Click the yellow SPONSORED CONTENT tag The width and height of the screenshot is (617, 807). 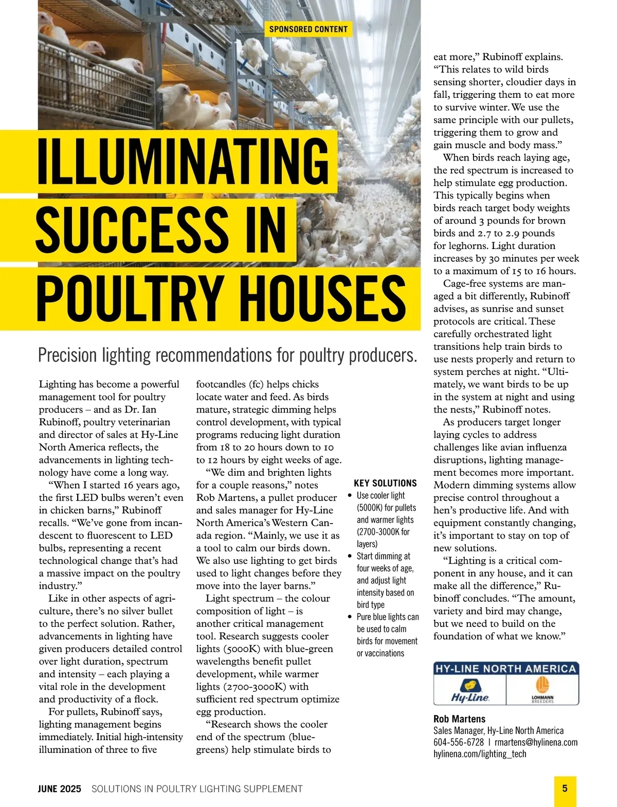(308, 29)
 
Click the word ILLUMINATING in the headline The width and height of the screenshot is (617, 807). (183, 160)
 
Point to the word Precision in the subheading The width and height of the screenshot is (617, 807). (67, 355)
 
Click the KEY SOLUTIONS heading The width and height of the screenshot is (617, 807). (385, 483)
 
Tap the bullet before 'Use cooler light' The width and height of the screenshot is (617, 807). (350, 496)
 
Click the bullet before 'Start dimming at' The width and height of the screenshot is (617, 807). (350, 557)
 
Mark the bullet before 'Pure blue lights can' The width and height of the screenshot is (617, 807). (350, 617)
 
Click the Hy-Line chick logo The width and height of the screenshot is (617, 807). (469, 690)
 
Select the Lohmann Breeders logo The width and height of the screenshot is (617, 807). (542, 690)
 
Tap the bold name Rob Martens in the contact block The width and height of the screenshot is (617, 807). (459, 719)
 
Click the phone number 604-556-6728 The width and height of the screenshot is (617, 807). (458, 742)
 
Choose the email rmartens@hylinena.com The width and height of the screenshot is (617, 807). (536, 742)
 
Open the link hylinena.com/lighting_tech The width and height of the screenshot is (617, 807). (480, 754)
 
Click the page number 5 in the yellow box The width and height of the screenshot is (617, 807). (565, 788)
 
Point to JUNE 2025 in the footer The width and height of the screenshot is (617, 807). (59, 789)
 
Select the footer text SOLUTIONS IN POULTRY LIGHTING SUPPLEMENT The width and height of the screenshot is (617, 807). (197, 789)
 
